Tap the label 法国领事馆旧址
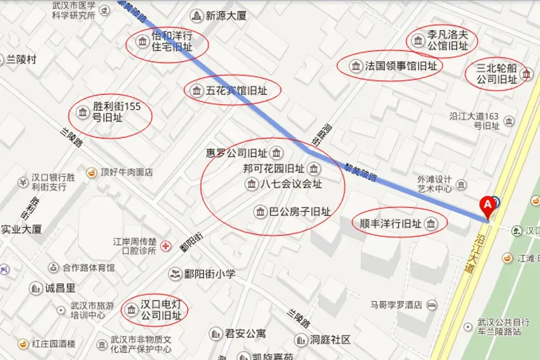(401, 66)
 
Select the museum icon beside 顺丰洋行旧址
(430, 224)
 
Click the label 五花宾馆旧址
(236, 91)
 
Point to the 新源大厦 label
(226, 16)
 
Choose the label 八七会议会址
(291, 184)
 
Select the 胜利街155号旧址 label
(116, 112)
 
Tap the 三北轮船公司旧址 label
(496, 74)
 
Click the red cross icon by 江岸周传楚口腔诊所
(166, 247)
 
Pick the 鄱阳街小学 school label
(209, 274)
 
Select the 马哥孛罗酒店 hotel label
(396, 305)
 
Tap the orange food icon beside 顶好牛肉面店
(92, 172)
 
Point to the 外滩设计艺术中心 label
(434, 184)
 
